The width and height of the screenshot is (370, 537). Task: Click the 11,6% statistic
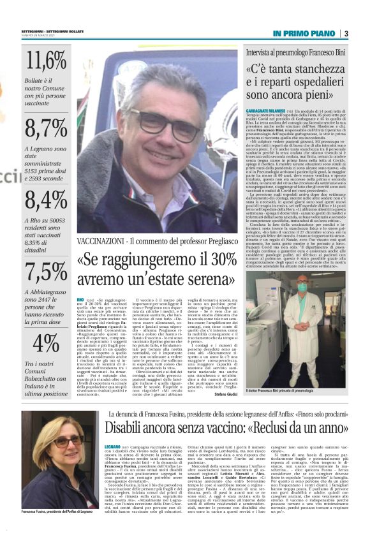(47, 61)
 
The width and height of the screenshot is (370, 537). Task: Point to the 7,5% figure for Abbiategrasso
(47, 272)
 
